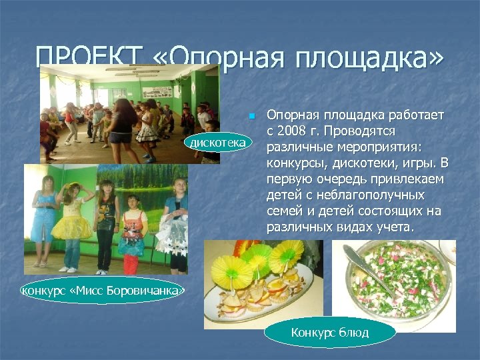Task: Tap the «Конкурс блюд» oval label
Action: coord(330,333)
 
